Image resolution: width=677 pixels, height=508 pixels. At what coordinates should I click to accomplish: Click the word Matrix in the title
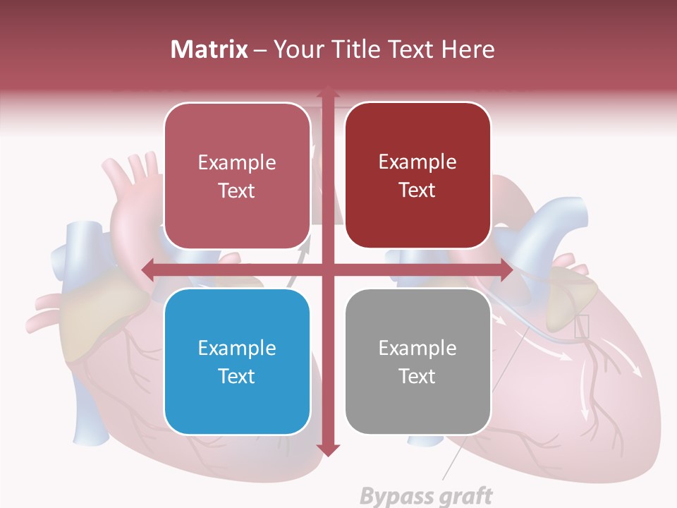(x=209, y=49)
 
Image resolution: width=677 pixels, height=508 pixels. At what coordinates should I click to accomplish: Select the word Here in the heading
(x=468, y=49)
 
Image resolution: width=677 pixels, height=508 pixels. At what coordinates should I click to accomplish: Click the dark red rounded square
(x=417, y=176)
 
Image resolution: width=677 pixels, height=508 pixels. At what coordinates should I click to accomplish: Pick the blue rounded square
(x=237, y=361)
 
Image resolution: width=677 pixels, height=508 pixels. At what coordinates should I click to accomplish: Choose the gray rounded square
(x=417, y=361)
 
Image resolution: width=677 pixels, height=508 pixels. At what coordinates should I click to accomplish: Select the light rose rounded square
(x=237, y=176)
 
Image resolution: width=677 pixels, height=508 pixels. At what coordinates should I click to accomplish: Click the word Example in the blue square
(x=237, y=348)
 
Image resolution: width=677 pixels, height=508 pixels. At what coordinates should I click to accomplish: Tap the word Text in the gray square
(x=417, y=376)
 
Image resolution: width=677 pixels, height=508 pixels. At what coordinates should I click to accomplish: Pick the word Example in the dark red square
(x=417, y=162)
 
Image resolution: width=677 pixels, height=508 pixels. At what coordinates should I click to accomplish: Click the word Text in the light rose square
(x=237, y=190)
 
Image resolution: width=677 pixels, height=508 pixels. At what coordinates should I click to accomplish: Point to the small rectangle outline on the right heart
(x=582, y=326)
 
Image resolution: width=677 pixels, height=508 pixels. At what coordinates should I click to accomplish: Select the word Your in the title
(x=295, y=49)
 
